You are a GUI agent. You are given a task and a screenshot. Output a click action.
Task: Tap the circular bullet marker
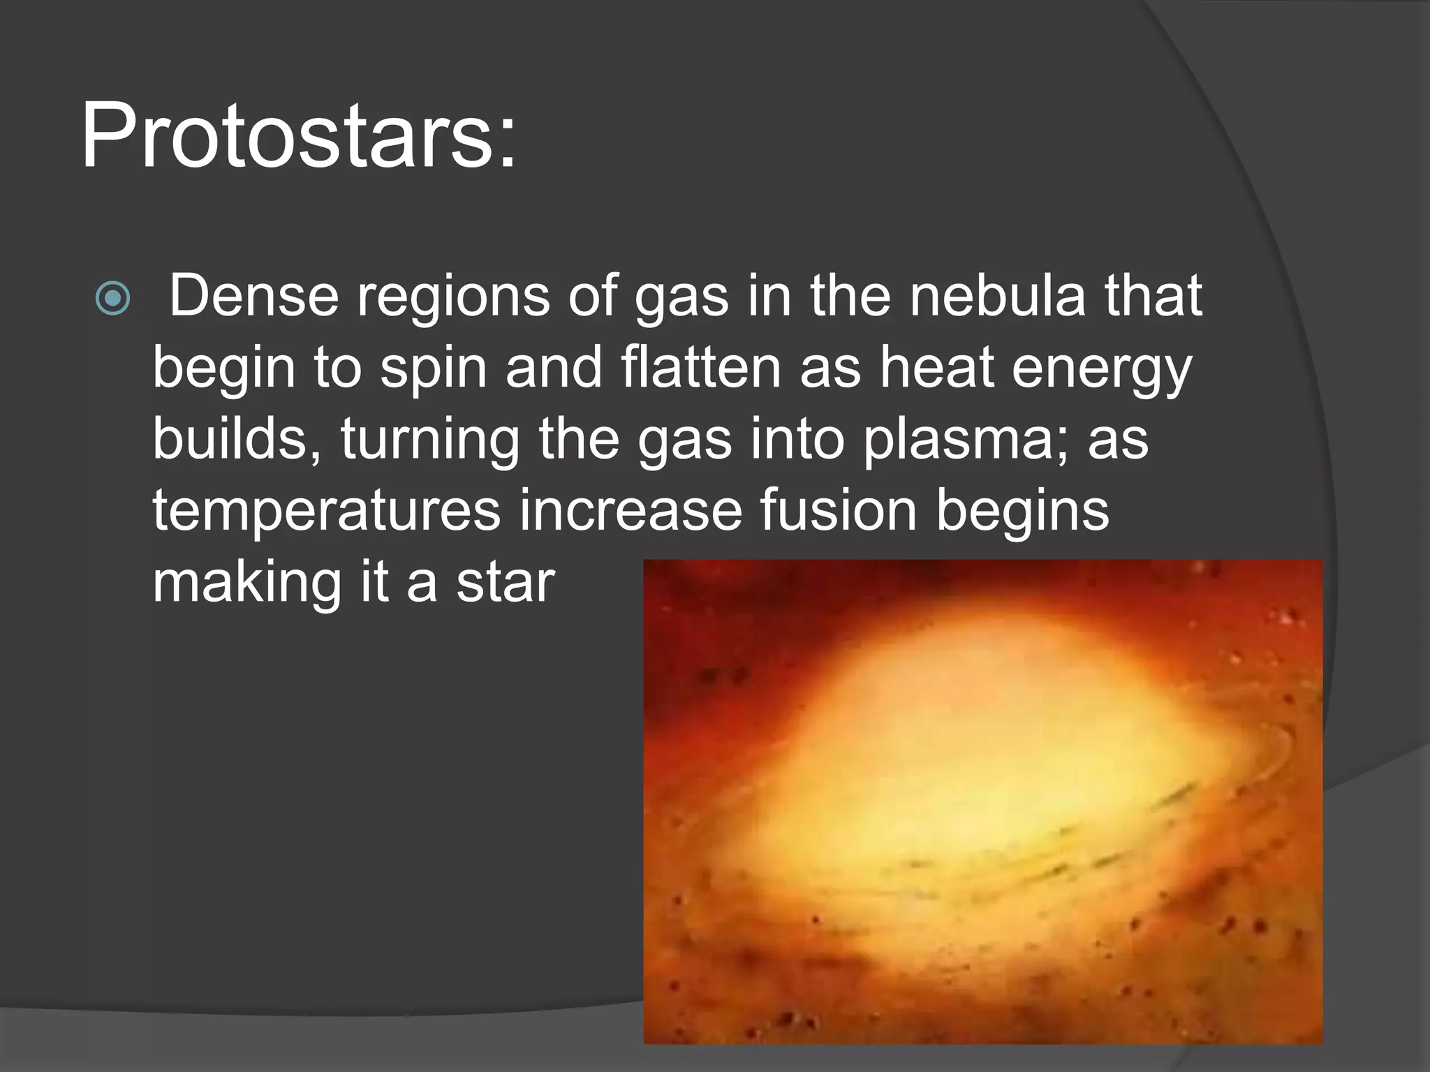click(112, 299)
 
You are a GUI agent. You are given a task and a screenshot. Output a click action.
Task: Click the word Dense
click(254, 296)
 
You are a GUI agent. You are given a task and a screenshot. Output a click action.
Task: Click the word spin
click(433, 370)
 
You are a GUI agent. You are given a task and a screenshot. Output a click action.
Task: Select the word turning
click(430, 442)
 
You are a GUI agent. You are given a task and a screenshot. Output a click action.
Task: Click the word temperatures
click(326, 512)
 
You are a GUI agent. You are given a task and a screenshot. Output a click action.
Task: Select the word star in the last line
click(506, 583)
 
